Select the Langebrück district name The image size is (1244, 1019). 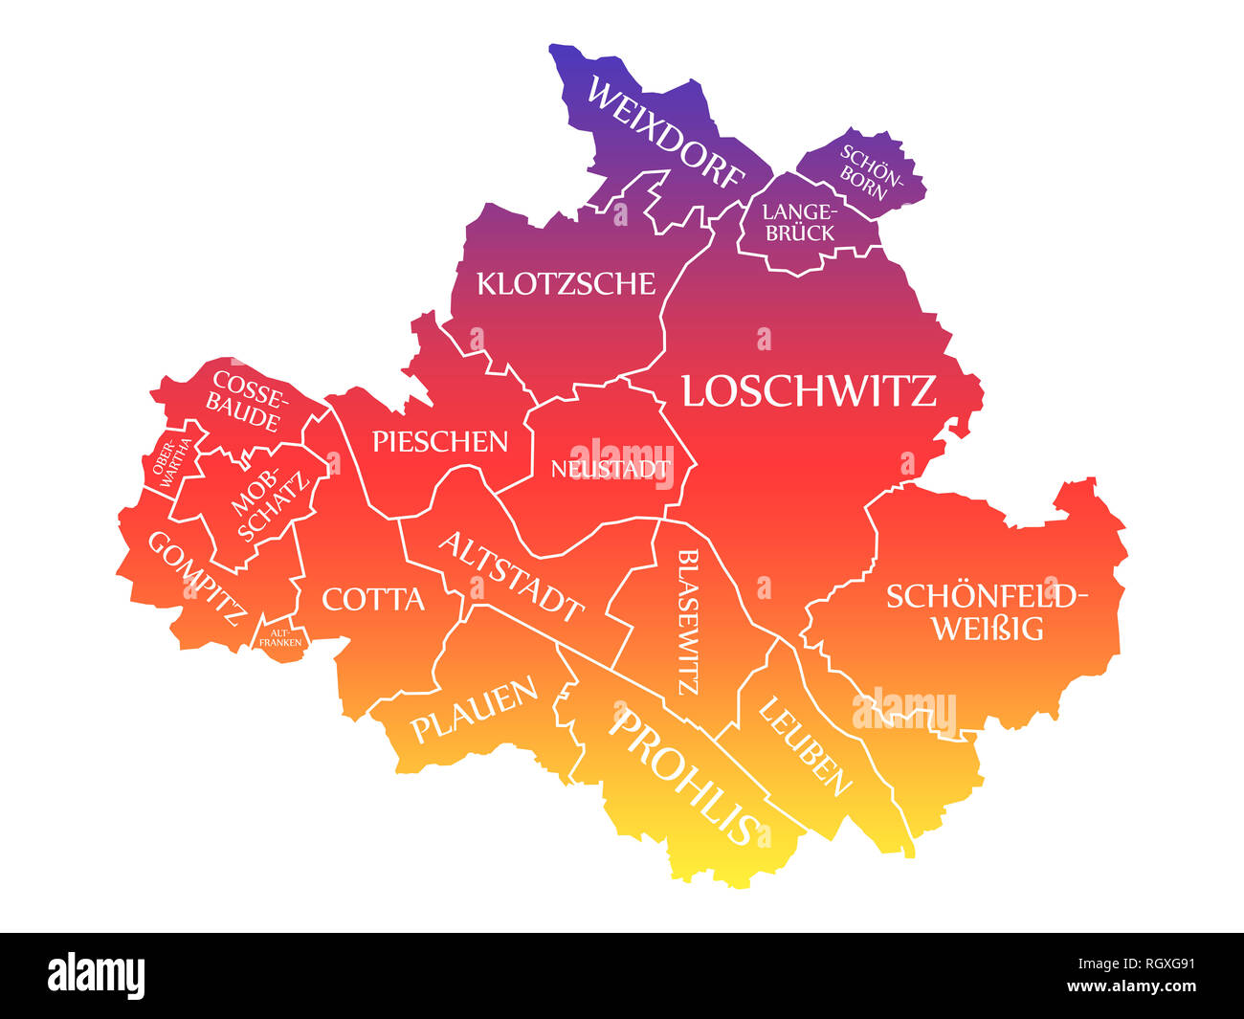coord(799,221)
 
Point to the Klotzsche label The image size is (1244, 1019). coord(566,283)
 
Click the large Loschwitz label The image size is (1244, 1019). coord(809,391)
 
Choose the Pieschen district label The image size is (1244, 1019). coord(439,441)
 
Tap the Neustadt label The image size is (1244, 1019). coord(609,469)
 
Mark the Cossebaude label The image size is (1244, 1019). coord(247,400)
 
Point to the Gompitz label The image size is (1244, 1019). coord(196,577)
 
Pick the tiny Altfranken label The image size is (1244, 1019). coord(279,637)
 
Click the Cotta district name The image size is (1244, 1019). coord(373,600)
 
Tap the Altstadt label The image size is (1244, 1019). coord(511,576)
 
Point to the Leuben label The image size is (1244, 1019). coord(805,746)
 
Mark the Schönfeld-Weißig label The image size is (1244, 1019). coord(987,611)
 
